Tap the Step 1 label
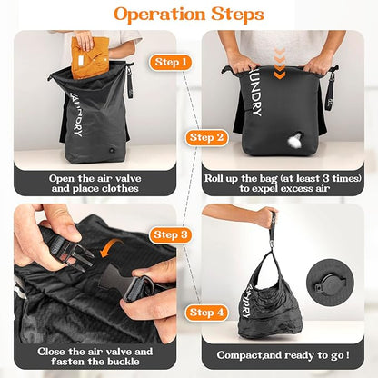[x=173, y=62]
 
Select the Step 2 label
[x=206, y=138]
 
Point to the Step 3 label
[x=172, y=234]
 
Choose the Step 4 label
[x=206, y=313]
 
